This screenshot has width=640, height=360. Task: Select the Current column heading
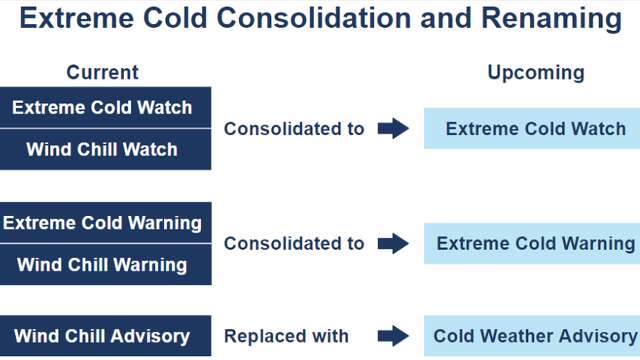coord(102,72)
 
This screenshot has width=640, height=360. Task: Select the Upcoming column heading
coord(535,72)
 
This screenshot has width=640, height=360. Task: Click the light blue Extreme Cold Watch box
coord(535,128)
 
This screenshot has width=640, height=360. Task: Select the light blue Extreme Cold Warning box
coord(535,243)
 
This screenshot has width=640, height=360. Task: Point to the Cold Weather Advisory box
coord(535,336)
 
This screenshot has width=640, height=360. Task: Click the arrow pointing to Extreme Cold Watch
coord(394,128)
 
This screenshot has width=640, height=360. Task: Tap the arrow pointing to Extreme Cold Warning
coord(394,243)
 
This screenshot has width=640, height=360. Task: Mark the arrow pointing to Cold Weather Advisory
coord(394,336)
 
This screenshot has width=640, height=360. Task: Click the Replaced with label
coord(286,336)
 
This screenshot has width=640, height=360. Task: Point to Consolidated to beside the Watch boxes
coord(294,129)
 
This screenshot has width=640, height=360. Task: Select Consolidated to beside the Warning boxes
coord(294,243)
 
